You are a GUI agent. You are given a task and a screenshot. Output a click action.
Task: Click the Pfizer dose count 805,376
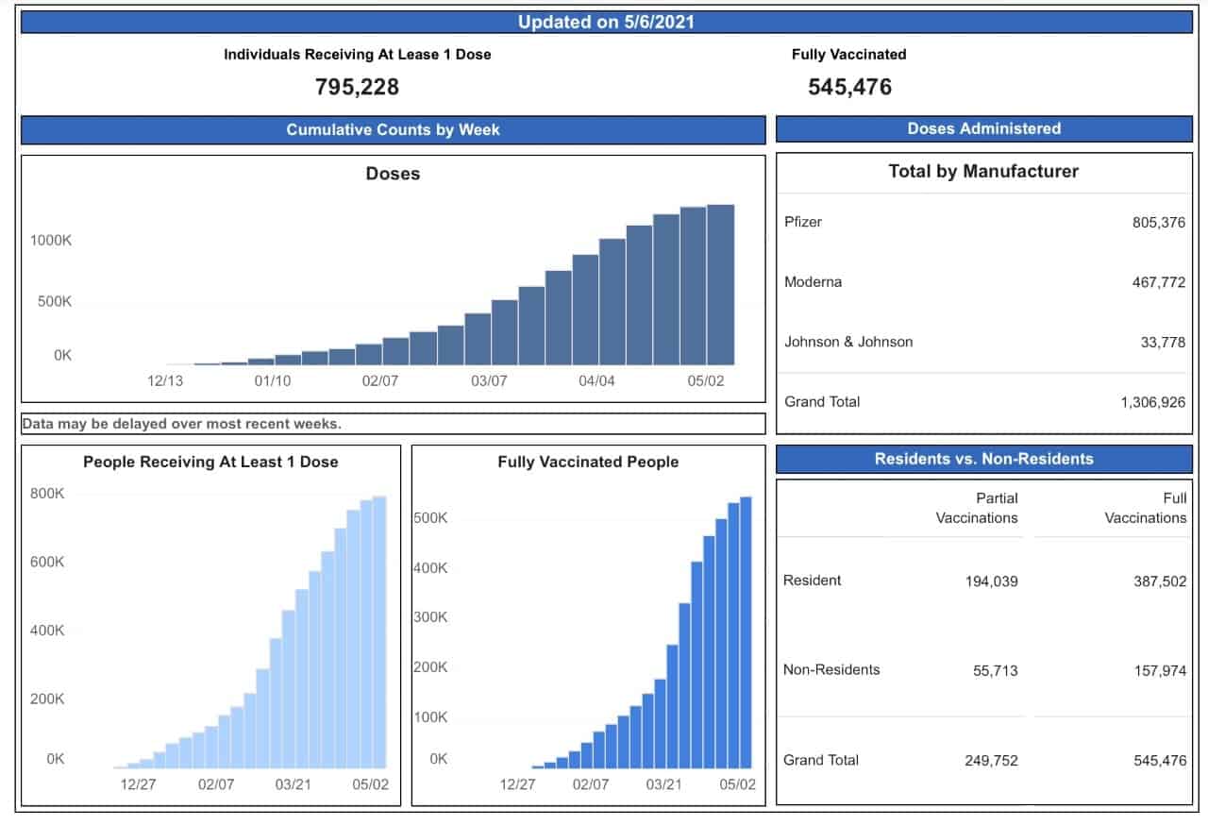[1158, 222]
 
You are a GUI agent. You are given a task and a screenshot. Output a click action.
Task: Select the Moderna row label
[813, 281]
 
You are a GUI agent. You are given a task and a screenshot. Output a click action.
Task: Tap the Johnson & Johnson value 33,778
[1163, 342]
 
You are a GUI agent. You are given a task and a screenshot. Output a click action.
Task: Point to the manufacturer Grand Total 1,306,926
[1153, 402]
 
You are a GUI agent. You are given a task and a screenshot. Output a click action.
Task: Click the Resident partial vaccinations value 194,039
[991, 581]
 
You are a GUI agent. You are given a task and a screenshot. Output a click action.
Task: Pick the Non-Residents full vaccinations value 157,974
[1160, 670]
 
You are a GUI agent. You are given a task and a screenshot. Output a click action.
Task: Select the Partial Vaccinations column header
[977, 508]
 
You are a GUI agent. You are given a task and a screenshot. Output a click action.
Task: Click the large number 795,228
[357, 87]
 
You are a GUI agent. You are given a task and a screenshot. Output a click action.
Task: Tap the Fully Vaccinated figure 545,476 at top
[850, 87]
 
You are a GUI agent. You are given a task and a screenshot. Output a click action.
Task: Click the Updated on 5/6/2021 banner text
[606, 22]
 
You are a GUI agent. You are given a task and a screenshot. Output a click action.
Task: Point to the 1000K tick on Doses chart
[51, 240]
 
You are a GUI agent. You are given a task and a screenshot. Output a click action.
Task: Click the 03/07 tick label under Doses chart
[489, 380]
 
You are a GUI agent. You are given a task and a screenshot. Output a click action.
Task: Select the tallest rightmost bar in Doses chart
[720, 285]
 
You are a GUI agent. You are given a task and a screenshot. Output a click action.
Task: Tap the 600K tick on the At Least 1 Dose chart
[47, 562]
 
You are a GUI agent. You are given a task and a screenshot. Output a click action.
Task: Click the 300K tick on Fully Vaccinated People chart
[430, 616]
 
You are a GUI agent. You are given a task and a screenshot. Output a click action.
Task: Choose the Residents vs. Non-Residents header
[983, 459]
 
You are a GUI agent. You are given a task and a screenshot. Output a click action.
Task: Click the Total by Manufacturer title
[983, 172]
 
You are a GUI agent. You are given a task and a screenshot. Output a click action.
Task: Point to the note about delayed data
[182, 424]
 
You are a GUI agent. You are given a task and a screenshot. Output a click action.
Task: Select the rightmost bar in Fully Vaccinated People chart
[746, 632]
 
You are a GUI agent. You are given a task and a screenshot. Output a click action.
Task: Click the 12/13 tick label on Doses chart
[165, 380]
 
